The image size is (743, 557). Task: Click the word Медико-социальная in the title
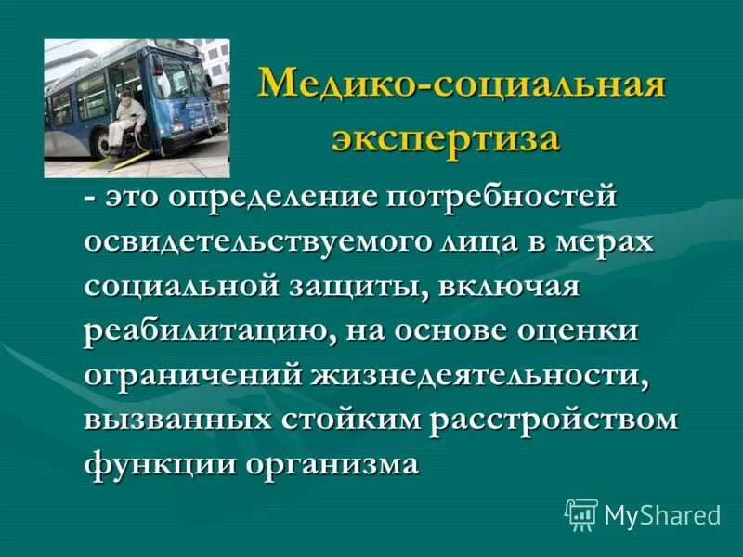click(x=462, y=88)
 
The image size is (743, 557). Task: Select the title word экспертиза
click(x=447, y=139)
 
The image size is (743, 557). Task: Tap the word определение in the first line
click(x=269, y=198)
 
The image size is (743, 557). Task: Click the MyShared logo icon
click(x=581, y=513)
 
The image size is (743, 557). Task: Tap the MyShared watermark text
click(x=662, y=515)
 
